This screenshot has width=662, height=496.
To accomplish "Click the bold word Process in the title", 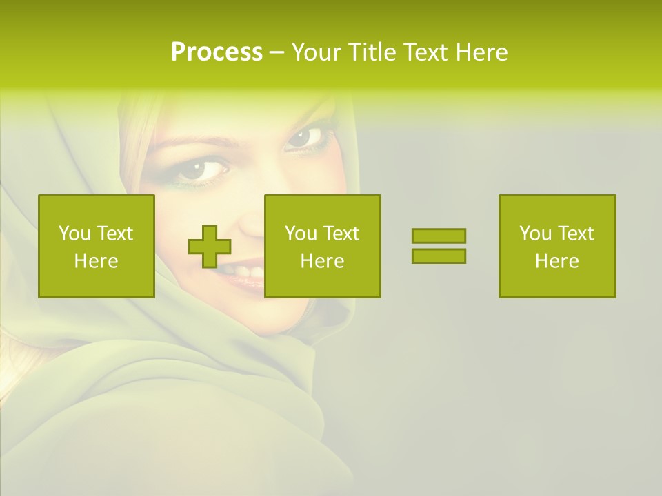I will pyautogui.click(x=217, y=52).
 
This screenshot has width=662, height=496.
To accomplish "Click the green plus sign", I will pyautogui.click(x=210, y=247).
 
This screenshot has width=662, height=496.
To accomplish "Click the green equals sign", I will pyautogui.click(x=439, y=246).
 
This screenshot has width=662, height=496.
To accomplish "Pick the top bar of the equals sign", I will pyautogui.click(x=439, y=236).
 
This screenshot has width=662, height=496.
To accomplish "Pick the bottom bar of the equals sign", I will pyautogui.click(x=439, y=256).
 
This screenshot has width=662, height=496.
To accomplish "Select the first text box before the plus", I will pyautogui.click(x=97, y=246).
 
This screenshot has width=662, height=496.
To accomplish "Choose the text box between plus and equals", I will pyautogui.click(x=322, y=246).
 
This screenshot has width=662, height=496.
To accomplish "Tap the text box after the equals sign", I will pyautogui.click(x=556, y=246).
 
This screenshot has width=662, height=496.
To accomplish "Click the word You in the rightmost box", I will pyautogui.click(x=535, y=234).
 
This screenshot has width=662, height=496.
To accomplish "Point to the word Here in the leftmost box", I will pyautogui.click(x=97, y=261).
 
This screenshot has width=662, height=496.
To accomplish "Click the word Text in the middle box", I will pyautogui.click(x=341, y=234).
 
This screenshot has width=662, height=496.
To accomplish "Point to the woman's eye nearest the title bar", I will pyautogui.click(x=305, y=136).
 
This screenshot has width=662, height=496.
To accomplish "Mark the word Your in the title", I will pyautogui.click(x=314, y=52).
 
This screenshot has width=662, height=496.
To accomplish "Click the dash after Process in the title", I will pyautogui.click(x=277, y=52).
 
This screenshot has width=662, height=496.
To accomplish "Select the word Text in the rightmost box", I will pyautogui.click(x=575, y=234).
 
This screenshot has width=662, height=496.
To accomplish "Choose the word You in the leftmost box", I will pyautogui.click(x=74, y=234).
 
